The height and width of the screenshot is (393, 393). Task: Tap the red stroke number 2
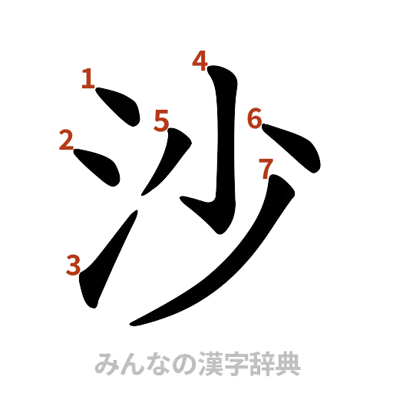(65, 140)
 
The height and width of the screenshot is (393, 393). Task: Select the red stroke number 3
(73, 265)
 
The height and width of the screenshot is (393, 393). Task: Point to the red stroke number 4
(200, 60)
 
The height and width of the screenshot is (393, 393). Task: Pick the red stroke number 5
(161, 121)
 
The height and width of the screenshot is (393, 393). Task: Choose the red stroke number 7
(266, 167)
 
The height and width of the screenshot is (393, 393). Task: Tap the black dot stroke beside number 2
(98, 168)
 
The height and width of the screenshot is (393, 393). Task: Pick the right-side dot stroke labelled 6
(296, 149)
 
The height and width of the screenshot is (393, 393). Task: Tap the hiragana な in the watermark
(153, 363)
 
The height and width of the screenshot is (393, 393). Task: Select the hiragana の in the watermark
(176, 363)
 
